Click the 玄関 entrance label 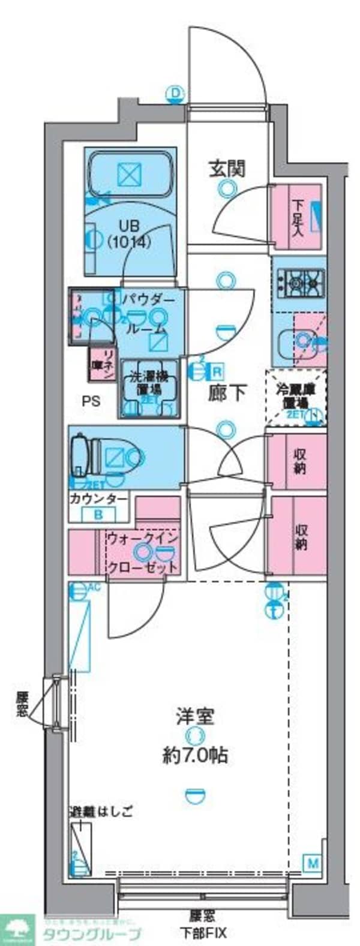pos(227,169)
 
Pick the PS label pos(91,401)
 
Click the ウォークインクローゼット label pos(143,552)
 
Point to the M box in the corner pos(313,863)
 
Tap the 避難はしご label pos(100,812)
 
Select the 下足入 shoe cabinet pos(298,216)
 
